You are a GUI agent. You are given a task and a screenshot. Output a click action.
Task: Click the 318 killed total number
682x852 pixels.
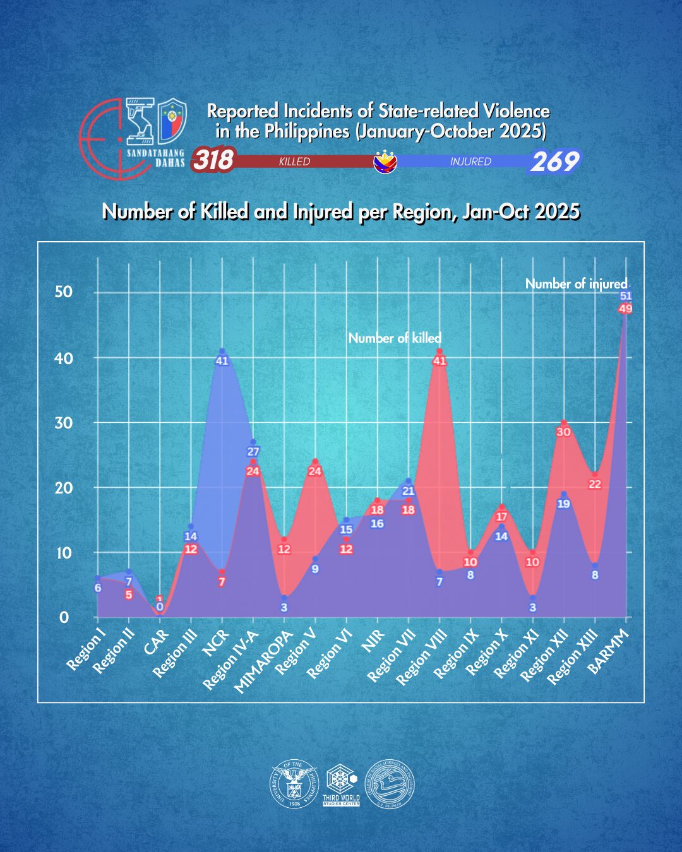click(213, 160)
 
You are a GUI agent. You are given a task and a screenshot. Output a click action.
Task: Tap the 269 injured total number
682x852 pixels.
click(554, 162)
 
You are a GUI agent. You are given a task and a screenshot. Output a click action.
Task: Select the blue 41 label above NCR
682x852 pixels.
click(222, 361)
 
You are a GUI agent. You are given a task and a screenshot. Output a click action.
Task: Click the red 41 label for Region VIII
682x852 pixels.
click(440, 361)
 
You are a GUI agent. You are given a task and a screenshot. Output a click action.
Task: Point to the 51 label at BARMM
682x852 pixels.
click(626, 295)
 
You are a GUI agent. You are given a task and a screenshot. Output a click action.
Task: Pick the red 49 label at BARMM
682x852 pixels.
click(626, 309)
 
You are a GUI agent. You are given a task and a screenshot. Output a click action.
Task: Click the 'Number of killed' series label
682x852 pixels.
click(395, 338)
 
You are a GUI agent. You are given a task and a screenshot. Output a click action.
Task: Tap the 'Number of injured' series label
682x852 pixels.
click(576, 284)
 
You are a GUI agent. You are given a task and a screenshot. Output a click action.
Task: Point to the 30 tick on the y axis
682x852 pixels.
click(63, 423)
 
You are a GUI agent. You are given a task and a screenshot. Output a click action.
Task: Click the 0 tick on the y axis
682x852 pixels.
click(64, 617)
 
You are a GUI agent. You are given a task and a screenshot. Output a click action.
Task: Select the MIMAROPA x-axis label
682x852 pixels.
click(261, 662)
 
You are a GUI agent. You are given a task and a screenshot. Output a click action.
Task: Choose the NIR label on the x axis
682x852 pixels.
click(373, 643)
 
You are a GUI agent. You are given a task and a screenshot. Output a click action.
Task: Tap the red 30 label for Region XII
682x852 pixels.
click(563, 432)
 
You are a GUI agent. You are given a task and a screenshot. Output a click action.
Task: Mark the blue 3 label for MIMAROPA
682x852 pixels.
click(284, 607)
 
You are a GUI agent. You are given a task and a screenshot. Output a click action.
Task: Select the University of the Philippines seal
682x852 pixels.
click(294, 783)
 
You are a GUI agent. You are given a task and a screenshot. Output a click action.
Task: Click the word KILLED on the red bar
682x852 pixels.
click(294, 162)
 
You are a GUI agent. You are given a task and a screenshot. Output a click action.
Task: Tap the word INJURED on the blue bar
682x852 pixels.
click(470, 162)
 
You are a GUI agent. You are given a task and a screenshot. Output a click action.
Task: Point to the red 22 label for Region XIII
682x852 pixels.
click(595, 484)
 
